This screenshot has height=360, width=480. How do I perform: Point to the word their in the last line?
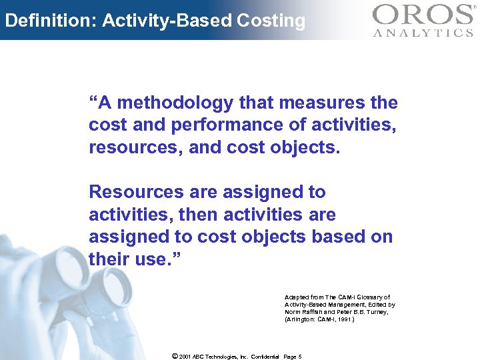point(107,259)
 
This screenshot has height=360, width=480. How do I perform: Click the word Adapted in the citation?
point(296,297)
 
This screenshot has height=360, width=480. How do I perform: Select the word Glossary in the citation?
point(373,297)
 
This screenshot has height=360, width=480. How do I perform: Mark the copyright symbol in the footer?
point(175,356)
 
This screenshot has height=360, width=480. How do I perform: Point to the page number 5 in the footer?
point(300,357)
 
